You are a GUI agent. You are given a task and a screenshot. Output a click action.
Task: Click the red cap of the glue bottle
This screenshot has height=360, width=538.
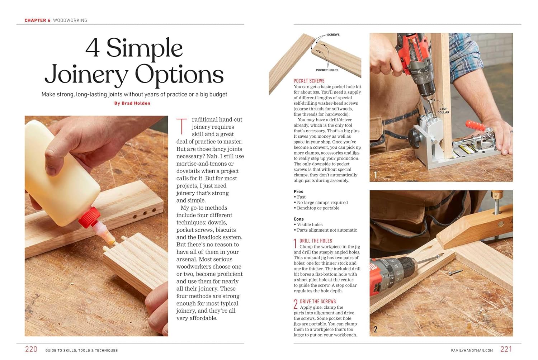point(88,218)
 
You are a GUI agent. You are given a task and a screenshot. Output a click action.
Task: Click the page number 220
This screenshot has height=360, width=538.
point(31,349)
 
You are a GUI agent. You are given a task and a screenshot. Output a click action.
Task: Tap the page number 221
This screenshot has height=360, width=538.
point(506,349)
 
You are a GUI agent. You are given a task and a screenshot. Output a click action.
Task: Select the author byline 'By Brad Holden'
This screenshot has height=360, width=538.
point(132,103)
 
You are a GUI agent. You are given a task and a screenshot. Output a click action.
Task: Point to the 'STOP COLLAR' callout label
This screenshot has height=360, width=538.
point(443,110)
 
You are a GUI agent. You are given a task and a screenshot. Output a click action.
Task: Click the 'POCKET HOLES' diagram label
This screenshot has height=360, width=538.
point(327,70)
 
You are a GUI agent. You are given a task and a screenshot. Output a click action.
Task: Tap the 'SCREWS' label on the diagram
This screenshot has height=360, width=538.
point(333,35)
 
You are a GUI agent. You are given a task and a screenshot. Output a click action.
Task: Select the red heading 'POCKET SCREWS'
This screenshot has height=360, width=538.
point(309,81)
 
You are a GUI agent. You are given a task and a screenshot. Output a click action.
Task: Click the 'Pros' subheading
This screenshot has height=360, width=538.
point(298,191)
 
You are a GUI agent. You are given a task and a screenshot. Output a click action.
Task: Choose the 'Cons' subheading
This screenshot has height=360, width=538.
point(298,219)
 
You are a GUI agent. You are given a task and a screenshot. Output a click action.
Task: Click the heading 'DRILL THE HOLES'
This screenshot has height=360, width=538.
point(316,241)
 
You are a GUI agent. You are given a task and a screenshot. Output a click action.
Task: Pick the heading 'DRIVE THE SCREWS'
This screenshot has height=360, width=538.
point(318,302)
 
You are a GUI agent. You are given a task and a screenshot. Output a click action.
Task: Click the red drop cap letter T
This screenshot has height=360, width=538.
point(182,126)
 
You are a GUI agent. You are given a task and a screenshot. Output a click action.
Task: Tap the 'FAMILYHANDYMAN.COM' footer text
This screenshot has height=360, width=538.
point(472,350)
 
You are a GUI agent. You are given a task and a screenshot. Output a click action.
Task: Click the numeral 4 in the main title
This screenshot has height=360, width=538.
point(93,48)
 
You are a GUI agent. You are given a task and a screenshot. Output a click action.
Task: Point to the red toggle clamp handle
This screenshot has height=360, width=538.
point(476,125)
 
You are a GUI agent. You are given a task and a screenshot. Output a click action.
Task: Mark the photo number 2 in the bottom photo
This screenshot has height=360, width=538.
point(376,329)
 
